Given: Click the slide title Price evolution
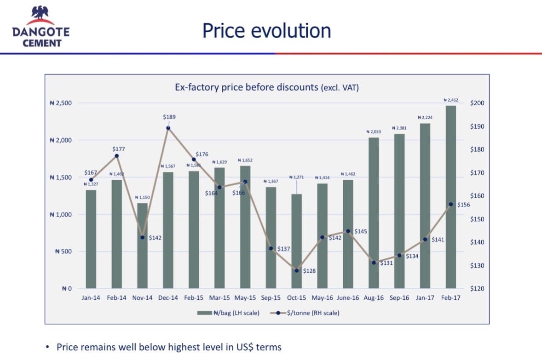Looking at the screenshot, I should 266,31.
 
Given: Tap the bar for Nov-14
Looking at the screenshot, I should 142,246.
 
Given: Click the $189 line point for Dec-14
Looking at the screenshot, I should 168,128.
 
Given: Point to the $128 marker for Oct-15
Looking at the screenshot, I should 297,270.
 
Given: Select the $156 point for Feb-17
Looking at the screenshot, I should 451,204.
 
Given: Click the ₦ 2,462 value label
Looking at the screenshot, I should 450,100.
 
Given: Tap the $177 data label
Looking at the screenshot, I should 118,149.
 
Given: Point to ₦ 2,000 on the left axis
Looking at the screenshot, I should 61,140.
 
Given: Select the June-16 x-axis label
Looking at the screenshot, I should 348,298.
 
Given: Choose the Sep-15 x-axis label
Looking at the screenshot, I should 271,298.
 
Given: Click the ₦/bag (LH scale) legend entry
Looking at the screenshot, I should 228,313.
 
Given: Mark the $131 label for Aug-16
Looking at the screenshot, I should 386,263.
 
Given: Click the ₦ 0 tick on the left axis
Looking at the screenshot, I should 67,289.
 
